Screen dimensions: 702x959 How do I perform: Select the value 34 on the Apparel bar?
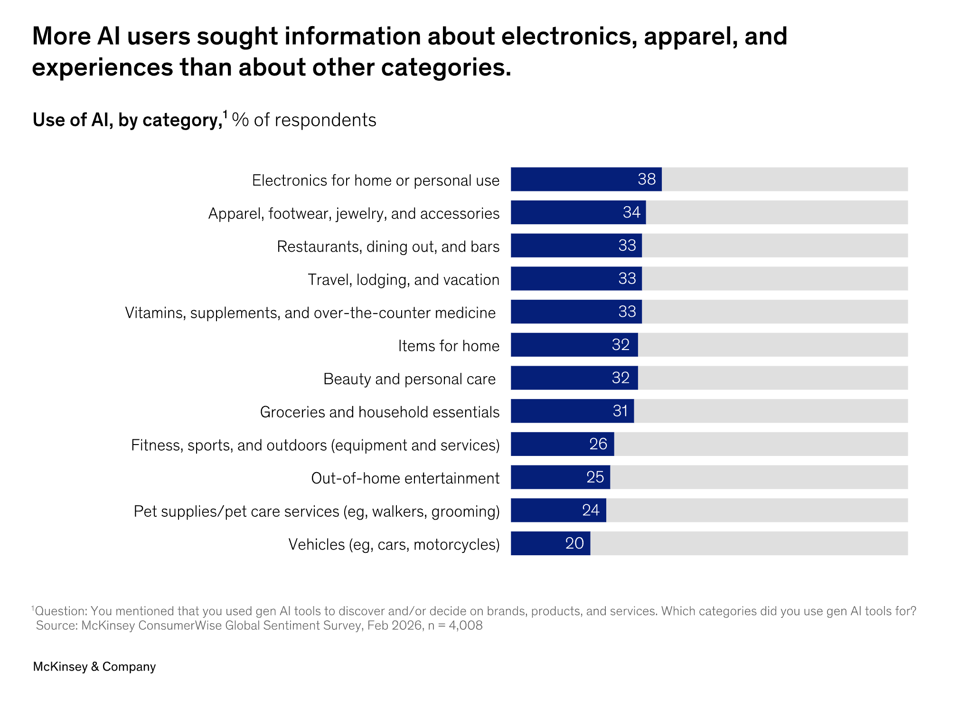(631, 212)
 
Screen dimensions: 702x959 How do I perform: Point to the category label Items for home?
(449, 346)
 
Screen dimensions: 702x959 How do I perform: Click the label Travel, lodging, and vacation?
(404, 280)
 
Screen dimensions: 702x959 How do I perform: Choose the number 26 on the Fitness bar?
(598, 444)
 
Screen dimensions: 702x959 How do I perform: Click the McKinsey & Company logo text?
(94, 667)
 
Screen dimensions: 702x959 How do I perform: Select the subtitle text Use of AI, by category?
(127, 120)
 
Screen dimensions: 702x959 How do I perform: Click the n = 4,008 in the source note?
(455, 626)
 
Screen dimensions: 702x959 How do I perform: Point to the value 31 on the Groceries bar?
(620, 411)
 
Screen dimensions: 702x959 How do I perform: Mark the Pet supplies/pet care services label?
(317, 512)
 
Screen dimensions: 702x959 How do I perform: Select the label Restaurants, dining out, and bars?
(388, 247)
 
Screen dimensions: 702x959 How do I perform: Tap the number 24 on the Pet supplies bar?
(591, 510)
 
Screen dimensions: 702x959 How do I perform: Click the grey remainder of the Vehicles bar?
(749, 543)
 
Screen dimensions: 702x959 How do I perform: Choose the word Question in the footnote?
(60, 611)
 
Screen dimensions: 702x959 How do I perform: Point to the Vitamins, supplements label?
(310, 313)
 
